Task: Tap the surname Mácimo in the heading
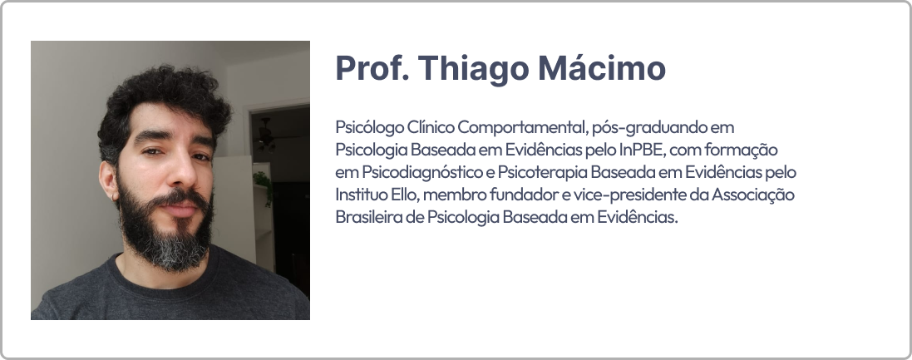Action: [602, 68]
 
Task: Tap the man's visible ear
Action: [108, 180]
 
